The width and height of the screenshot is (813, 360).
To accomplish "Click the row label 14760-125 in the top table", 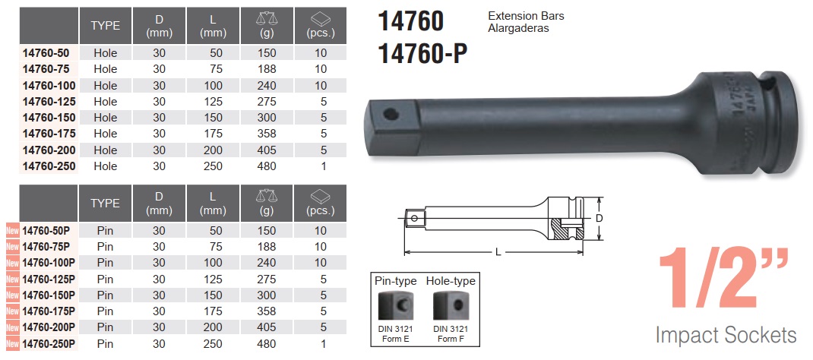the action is pos(49,102).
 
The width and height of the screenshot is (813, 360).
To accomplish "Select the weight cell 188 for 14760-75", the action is pos(267,69).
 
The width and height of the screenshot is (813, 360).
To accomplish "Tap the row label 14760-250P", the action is pos(49,343).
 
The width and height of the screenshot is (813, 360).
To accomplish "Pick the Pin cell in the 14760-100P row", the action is pos(106,263).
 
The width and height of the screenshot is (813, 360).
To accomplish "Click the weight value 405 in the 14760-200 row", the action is pos(267,150).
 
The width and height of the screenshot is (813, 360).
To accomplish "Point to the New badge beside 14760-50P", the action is pos(12,230).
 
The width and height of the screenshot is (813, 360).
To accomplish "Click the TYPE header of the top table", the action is pos(106,26).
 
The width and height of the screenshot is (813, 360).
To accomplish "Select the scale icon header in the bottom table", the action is pos(267,196).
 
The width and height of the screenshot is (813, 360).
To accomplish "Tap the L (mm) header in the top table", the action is pos(213,26).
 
